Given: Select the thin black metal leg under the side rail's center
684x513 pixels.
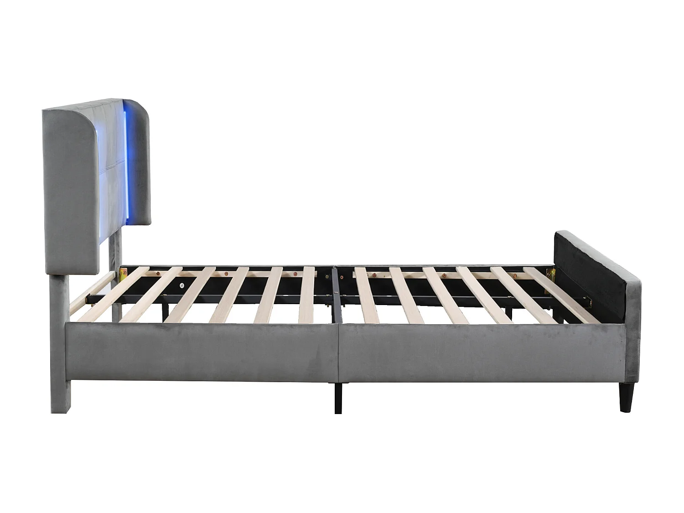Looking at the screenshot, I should [338, 397].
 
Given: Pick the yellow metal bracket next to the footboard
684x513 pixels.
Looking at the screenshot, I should [552, 276].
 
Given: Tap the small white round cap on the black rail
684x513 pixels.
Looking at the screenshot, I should [182, 285].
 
